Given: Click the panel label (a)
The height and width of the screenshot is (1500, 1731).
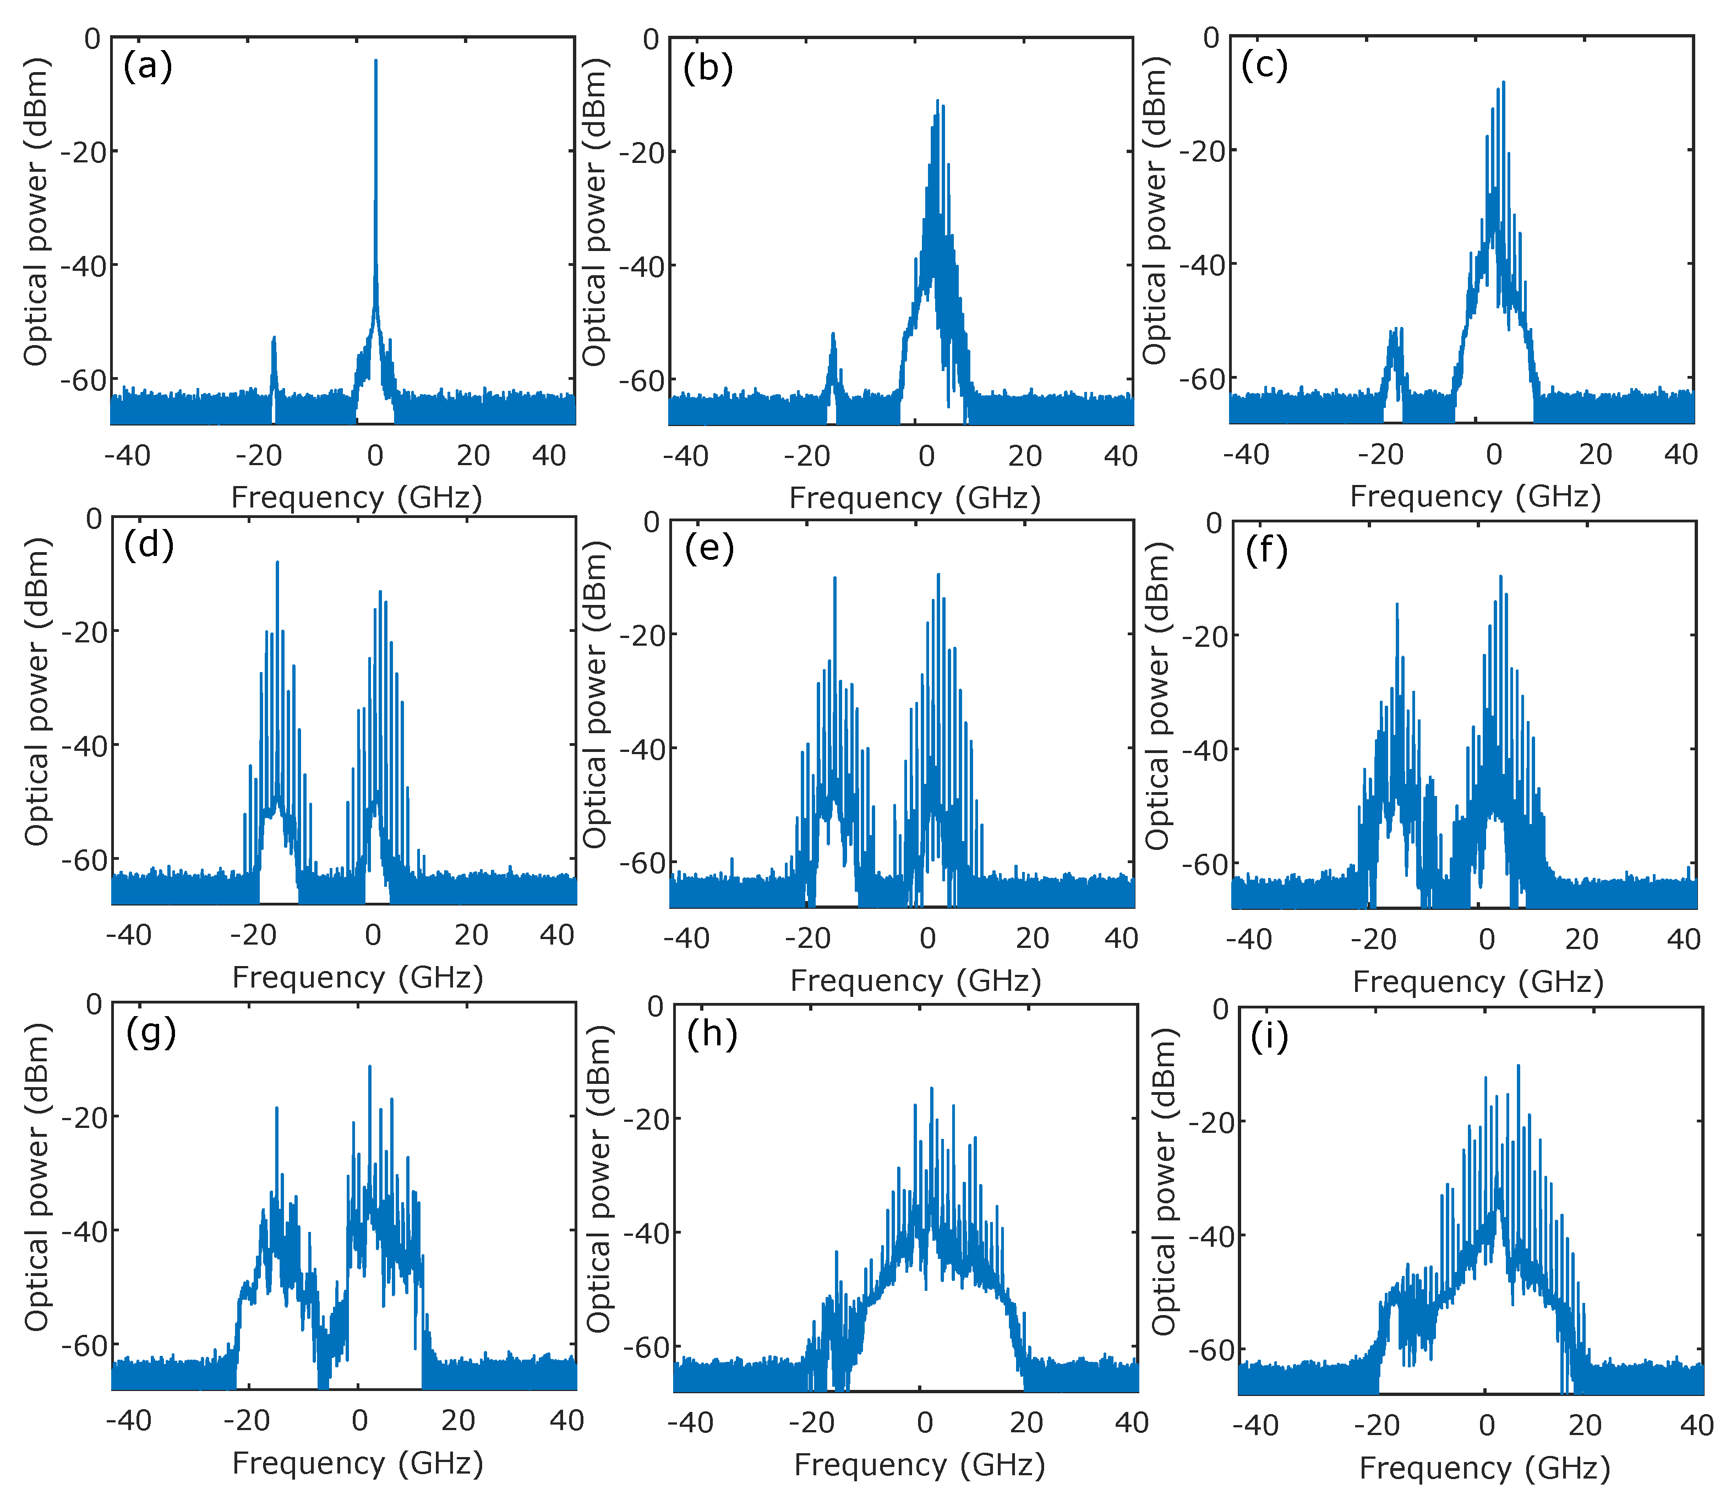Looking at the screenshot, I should point(148,66).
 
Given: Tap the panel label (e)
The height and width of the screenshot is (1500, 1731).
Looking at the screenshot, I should point(708,548).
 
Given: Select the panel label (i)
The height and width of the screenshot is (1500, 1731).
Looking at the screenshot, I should point(1269,1037).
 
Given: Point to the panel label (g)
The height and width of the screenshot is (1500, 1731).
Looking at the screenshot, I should point(151,1032).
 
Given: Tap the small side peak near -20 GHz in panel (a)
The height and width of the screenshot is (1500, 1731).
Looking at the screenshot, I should point(273,339).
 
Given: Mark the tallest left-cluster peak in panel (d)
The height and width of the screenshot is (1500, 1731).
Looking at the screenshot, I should point(277,563).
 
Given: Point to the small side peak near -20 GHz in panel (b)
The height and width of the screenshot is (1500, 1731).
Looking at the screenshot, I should point(833,334).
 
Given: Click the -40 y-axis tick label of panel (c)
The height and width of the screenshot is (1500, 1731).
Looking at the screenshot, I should point(1200,265).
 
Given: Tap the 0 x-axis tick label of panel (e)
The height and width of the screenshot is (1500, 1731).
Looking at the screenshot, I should point(927,939).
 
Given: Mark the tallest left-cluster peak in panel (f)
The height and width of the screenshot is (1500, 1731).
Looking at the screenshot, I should point(1396,604).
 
